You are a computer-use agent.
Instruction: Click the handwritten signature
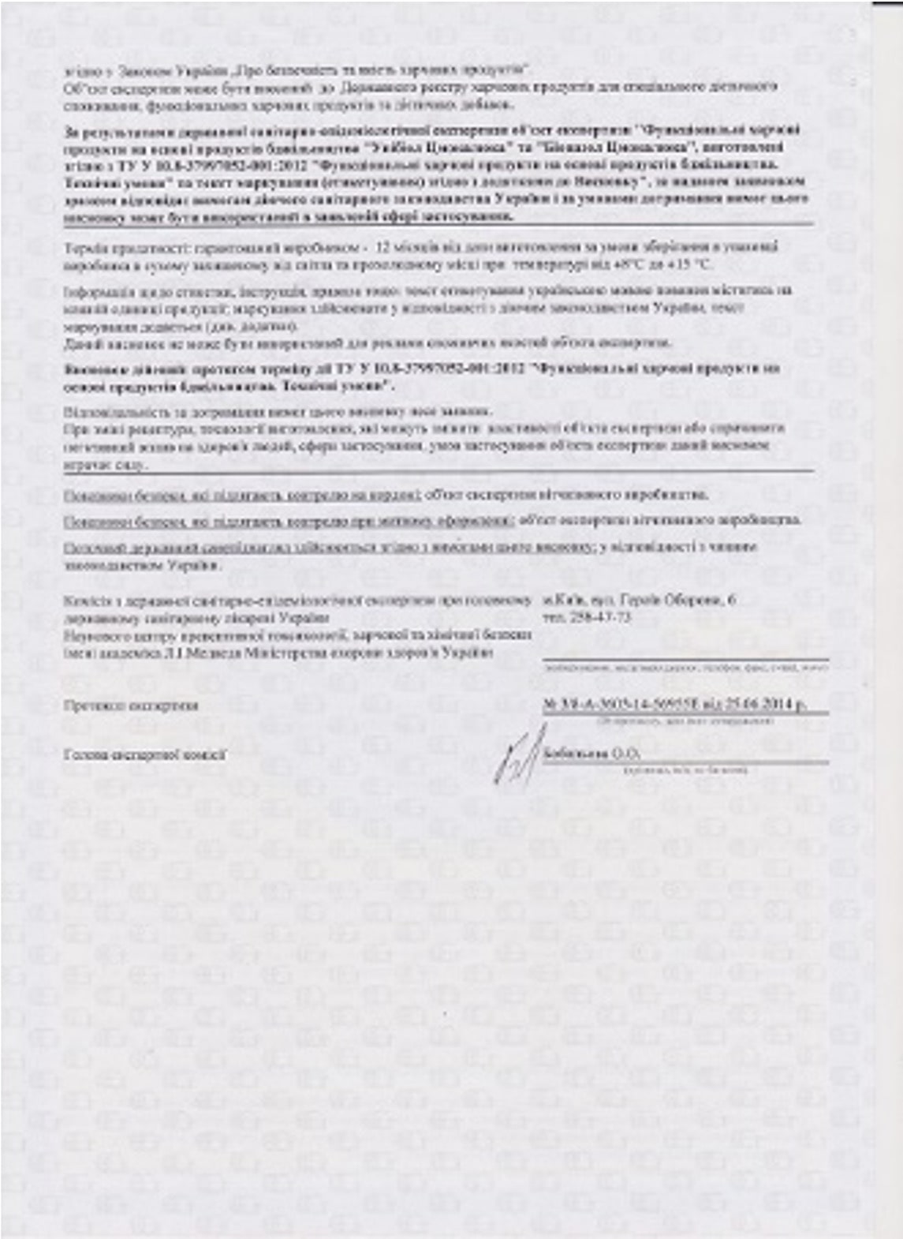pos(517,756)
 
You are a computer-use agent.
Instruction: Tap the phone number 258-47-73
pos(598,616)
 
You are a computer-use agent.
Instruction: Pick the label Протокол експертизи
pos(131,705)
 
